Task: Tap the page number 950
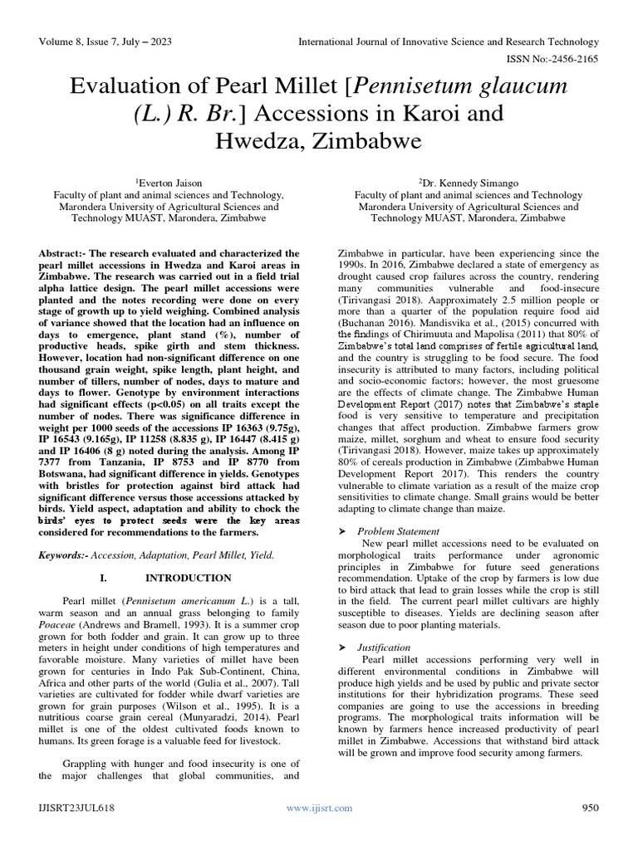click(590, 807)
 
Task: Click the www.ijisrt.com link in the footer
click(319, 807)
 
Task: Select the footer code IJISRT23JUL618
click(76, 807)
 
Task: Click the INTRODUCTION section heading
click(189, 577)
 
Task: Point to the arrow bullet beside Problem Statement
click(340, 530)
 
